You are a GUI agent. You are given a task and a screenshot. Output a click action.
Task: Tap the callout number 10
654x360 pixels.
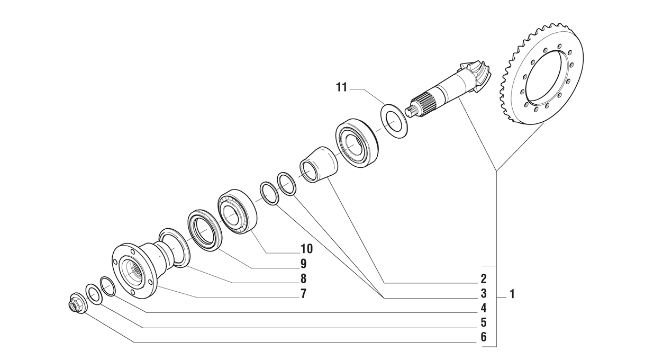point(306,248)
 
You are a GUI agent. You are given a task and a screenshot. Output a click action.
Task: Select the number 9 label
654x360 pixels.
point(303,263)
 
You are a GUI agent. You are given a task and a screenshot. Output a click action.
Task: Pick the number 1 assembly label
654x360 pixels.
point(512,294)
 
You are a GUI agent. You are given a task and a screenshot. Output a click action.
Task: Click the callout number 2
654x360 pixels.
point(484,278)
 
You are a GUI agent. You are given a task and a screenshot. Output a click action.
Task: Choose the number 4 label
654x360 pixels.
point(484,308)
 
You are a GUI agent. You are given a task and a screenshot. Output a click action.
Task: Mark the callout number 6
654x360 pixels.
point(484,337)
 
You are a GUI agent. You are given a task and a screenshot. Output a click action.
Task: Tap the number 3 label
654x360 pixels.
point(484,293)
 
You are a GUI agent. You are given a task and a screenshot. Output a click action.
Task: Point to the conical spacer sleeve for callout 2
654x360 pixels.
point(319,164)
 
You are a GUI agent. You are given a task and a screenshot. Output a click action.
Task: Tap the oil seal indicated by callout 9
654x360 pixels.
point(204,230)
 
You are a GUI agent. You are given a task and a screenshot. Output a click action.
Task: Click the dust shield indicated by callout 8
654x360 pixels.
point(175,247)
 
